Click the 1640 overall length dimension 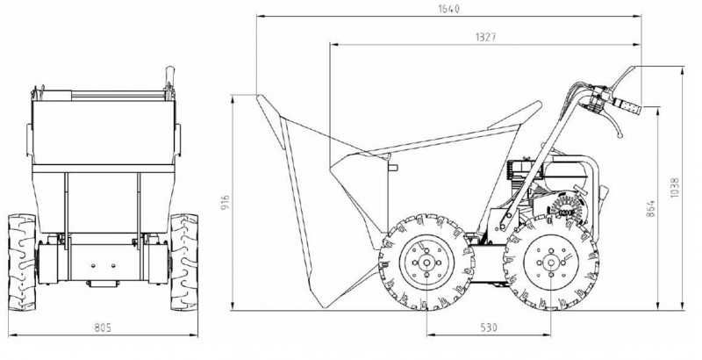coord(448,9)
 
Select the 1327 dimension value coord(486,37)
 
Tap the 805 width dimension coord(103,328)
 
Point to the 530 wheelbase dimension coord(489,328)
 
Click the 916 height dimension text coord(226,203)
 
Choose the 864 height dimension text coord(650,208)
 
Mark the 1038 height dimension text coord(675,188)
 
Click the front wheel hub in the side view coord(426,263)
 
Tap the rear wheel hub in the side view coord(551,263)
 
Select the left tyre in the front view coord(22,263)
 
